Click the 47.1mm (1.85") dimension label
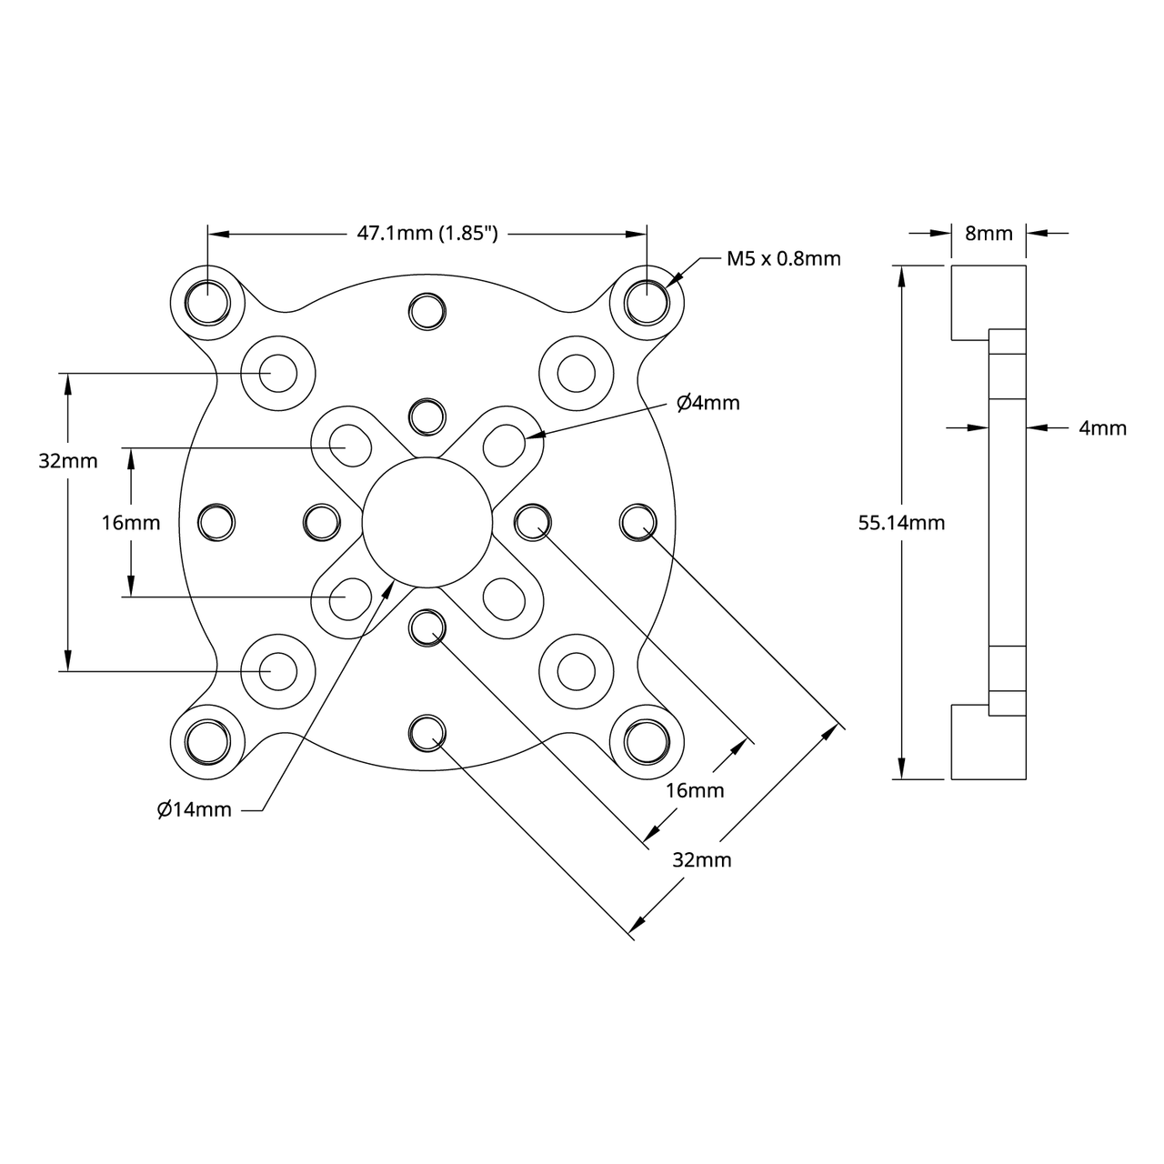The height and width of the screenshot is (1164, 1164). (x=426, y=234)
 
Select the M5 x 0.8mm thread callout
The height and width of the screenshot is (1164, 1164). (x=783, y=258)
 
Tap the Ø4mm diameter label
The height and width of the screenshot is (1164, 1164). (x=708, y=403)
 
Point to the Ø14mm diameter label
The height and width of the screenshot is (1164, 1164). (x=194, y=809)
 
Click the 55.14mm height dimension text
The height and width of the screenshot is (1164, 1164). (x=901, y=523)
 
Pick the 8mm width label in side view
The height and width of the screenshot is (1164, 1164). (x=988, y=233)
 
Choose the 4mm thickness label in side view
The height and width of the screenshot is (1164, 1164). (x=1102, y=427)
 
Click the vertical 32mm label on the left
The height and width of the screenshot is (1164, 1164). (x=68, y=460)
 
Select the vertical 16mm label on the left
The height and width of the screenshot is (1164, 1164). (x=130, y=523)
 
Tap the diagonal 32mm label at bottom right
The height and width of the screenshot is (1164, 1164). (x=701, y=859)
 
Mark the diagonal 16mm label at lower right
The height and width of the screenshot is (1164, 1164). (x=695, y=790)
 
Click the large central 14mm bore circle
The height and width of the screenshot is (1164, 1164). (x=426, y=522)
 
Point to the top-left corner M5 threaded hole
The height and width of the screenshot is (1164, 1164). (x=208, y=301)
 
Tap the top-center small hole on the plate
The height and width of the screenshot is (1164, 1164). (x=426, y=311)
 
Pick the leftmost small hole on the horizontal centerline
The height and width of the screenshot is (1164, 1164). (x=216, y=522)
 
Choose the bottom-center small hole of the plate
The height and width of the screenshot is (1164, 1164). (x=426, y=732)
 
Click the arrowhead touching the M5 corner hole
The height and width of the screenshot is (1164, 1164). (x=674, y=280)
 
